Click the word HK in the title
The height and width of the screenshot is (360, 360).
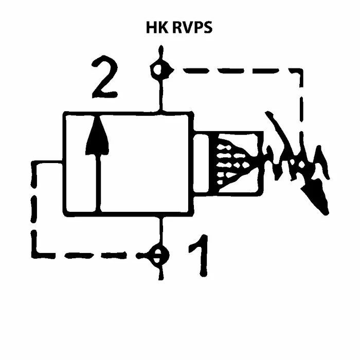point(156,27)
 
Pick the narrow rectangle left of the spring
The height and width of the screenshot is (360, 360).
point(203,163)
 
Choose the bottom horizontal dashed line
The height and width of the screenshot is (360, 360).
point(87,254)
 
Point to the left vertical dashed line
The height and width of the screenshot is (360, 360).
point(34,206)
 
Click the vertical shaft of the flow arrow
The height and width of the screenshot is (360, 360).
point(97,180)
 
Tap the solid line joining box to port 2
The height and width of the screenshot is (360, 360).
point(160,95)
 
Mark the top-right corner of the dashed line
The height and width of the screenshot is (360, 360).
point(300,70)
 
